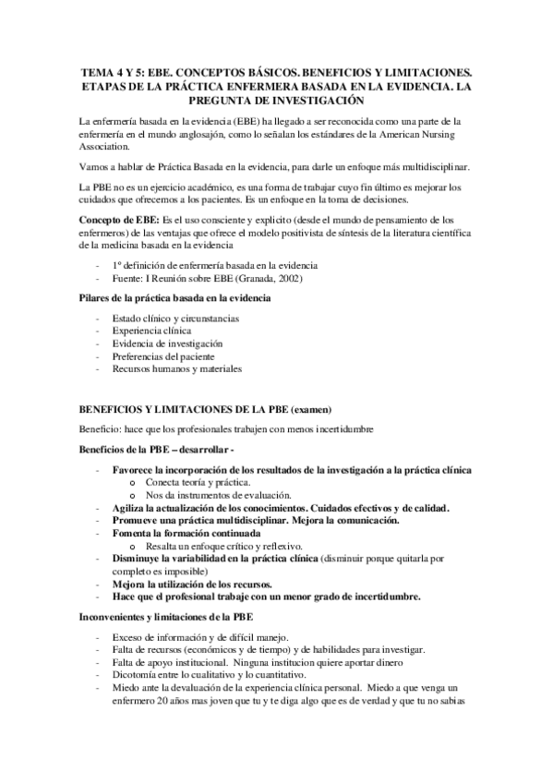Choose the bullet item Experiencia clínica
pos(151,331)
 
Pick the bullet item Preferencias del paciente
pos(165,355)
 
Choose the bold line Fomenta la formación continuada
pos(186,534)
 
